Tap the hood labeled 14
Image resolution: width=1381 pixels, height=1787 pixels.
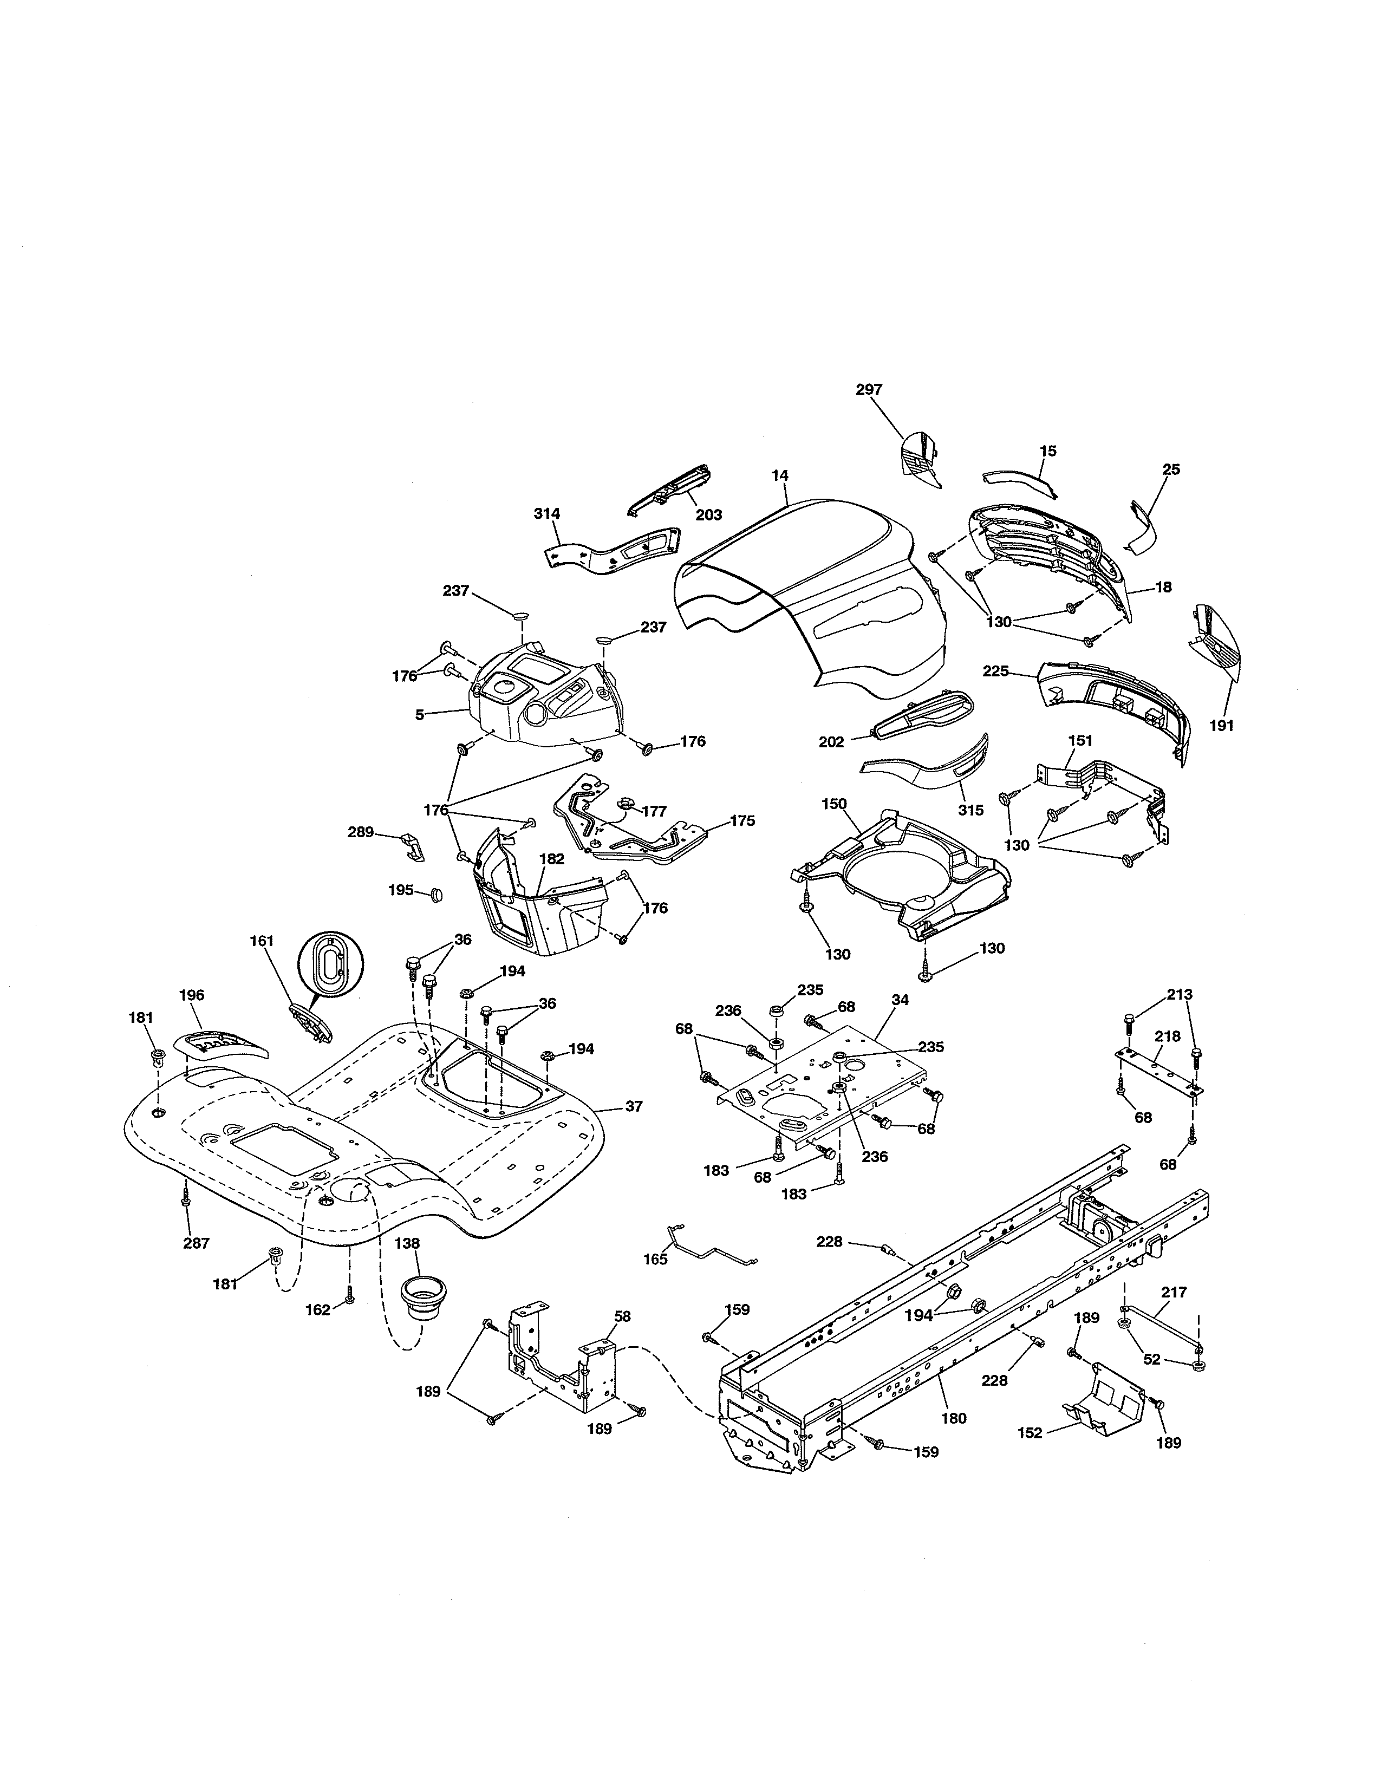pos(810,605)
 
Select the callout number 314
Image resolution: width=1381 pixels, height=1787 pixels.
pos(546,514)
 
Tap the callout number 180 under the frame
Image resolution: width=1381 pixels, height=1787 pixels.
pos(954,1419)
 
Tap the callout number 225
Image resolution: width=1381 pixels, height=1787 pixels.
pos(995,671)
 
